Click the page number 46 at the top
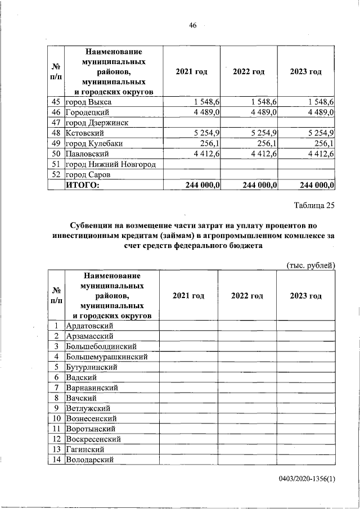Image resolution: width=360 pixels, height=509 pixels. (192, 25)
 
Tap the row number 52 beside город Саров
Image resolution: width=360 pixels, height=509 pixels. (56, 174)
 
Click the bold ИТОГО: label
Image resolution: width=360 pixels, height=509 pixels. (83, 185)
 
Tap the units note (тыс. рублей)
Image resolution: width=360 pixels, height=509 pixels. (310, 265)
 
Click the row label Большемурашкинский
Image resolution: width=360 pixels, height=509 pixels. (107, 357)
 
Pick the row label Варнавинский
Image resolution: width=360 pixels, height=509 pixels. (91, 388)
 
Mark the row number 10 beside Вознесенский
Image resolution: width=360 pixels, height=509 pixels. (56, 418)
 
